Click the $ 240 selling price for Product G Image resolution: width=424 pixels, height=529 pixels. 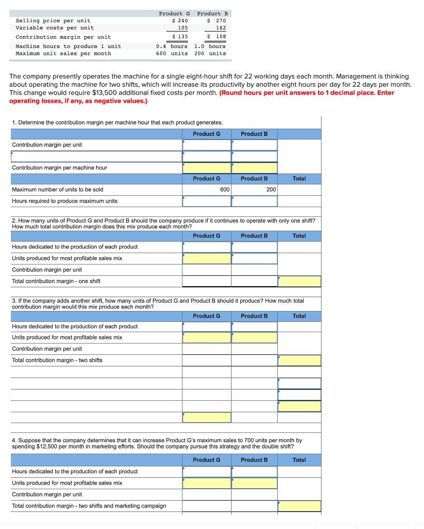(x=180, y=21)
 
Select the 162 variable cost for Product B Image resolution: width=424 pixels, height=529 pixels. (x=221, y=28)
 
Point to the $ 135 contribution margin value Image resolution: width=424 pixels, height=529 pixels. (x=180, y=37)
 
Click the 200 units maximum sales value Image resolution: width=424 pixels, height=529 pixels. (x=210, y=53)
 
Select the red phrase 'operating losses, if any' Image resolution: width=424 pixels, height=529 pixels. (x=42, y=101)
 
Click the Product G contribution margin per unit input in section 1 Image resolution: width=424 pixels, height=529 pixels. (x=207, y=145)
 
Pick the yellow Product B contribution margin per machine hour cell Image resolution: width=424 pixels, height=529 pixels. (x=254, y=168)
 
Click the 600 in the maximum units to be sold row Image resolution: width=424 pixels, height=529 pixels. (x=225, y=190)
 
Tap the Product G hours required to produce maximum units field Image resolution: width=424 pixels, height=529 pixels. (x=207, y=201)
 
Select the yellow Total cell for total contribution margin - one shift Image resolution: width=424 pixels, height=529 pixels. (x=299, y=282)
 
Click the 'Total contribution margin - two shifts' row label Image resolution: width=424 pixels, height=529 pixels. (x=57, y=360)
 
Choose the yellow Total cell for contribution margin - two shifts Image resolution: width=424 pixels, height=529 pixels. (x=299, y=360)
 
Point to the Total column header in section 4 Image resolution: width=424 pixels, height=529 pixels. (x=299, y=460)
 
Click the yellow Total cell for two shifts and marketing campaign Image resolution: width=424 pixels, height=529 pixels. (x=299, y=506)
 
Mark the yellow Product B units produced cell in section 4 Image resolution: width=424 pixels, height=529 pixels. (x=254, y=483)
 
